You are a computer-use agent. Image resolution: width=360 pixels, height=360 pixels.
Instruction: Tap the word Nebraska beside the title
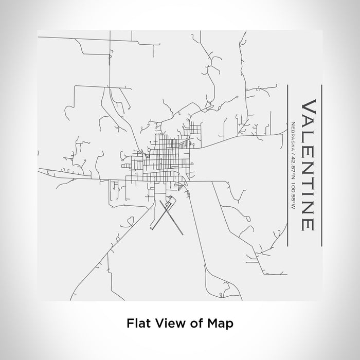293,132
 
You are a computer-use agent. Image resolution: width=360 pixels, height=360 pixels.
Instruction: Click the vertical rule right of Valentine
321,164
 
